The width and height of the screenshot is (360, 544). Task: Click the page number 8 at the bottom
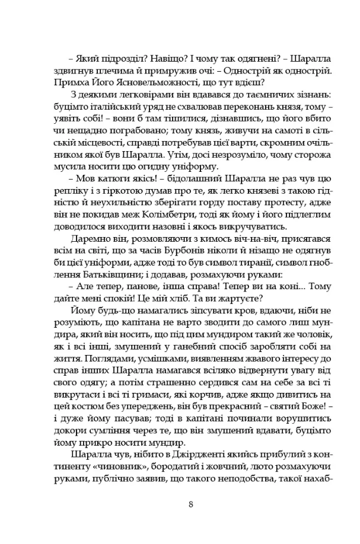(x=190, y=504)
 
